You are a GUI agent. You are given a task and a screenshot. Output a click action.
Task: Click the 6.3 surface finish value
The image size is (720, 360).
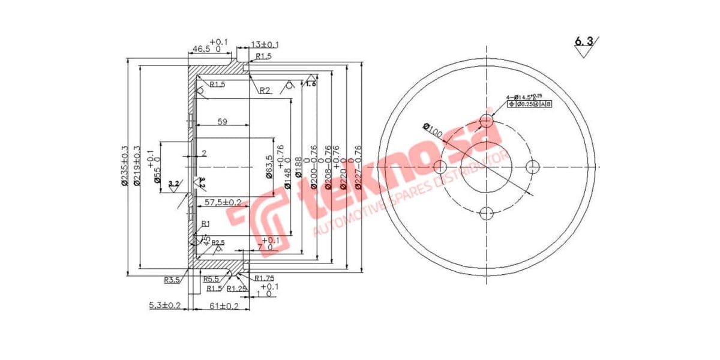(584, 41)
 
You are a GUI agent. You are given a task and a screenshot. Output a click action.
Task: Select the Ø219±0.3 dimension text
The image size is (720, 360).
(137, 166)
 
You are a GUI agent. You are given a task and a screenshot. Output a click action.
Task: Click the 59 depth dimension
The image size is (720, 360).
(222, 122)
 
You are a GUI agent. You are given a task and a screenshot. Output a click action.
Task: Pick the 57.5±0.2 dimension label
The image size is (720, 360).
(224, 202)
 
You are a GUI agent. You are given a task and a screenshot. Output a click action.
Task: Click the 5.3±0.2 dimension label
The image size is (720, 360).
(165, 306)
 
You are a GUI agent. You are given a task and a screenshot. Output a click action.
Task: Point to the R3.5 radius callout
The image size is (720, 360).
(173, 280)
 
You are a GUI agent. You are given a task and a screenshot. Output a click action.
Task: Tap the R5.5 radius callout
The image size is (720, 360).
(210, 279)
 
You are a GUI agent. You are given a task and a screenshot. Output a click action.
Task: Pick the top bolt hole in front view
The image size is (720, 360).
(487, 121)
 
